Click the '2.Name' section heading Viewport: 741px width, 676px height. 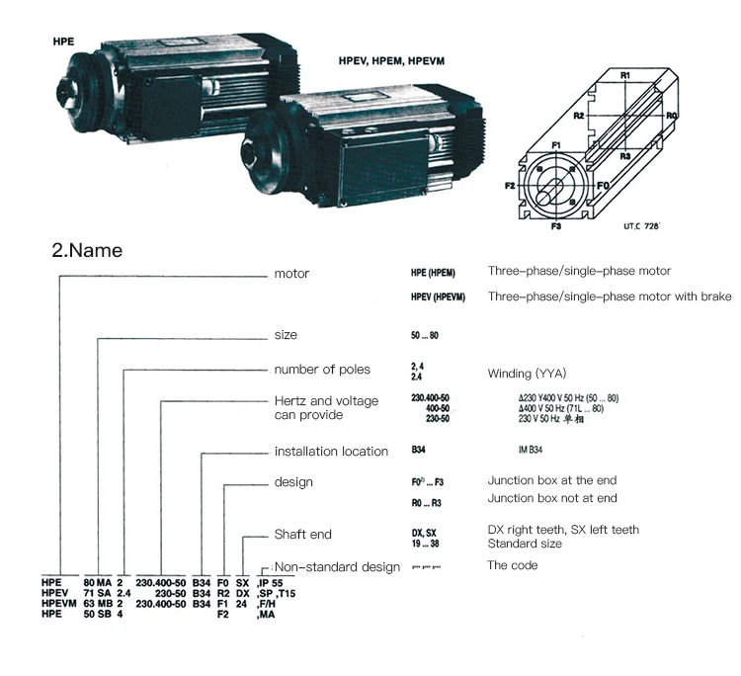87,250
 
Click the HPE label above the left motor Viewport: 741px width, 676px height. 64,43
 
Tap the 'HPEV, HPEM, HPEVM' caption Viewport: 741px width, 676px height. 391,61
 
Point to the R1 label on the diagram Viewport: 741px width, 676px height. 624,75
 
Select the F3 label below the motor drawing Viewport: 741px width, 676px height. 556,226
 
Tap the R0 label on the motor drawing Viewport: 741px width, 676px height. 671,116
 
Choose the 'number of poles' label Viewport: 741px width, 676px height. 322,370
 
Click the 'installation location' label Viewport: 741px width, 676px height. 331,452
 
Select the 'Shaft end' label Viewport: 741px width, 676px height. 302,534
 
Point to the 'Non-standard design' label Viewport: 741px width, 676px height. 337,567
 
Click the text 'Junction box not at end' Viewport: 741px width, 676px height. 552,498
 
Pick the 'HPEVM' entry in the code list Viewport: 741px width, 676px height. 60,604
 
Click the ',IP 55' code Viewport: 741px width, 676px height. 271,583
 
